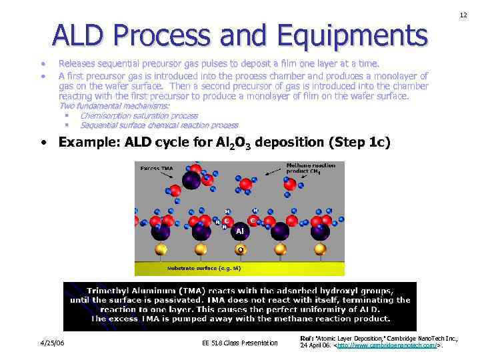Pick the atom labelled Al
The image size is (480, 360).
coord(240,231)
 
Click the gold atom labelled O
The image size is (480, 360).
coord(239,249)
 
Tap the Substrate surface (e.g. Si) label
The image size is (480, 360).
coord(203,268)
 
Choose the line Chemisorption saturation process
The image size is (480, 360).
coord(139,116)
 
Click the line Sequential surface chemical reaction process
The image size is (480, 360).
coord(159,125)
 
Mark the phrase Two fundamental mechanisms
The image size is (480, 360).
coord(115,106)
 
